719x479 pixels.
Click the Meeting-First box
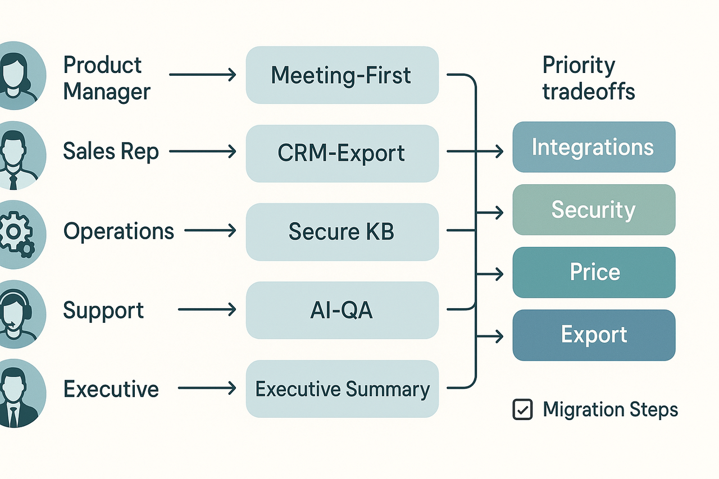tap(342, 75)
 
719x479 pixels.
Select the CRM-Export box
tap(342, 153)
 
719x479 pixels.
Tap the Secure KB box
tap(342, 231)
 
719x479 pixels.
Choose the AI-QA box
tap(342, 310)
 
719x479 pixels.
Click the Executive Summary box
tap(342, 389)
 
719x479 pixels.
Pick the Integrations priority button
tap(593, 147)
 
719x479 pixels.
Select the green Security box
tap(593, 209)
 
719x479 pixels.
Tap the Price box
tap(593, 272)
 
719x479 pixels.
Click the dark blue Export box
tap(593, 335)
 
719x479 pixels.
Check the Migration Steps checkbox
tap(522, 409)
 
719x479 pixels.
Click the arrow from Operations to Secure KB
tap(210, 230)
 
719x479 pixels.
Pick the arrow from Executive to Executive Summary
tap(207, 387)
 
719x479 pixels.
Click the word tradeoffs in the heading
tap(588, 91)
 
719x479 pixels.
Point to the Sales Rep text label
tap(111, 151)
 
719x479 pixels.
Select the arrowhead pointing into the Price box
tap(499, 274)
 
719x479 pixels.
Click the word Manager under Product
tap(107, 91)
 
